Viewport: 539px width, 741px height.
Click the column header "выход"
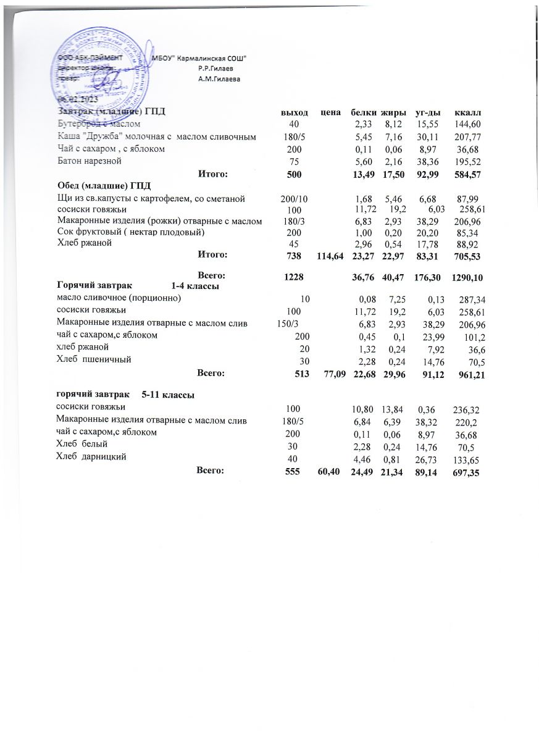pos(295,112)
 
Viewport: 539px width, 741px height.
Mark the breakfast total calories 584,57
pos(467,175)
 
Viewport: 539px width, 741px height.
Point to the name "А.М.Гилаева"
pos(219,79)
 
